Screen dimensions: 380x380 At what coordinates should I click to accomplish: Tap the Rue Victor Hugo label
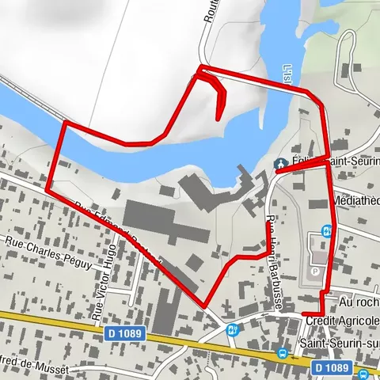click(99, 282)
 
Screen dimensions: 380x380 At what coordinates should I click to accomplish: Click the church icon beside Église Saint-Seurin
click(279, 163)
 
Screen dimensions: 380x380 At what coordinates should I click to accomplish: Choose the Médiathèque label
click(356, 200)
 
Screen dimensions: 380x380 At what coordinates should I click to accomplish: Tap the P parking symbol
click(318, 271)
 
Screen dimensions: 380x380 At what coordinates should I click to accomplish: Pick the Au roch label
click(359, 302)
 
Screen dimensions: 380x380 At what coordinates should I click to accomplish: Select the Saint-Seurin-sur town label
click(340, 343)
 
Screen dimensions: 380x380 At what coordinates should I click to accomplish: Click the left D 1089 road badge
click(126, 334)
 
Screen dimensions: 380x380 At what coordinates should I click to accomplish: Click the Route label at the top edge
click(211, 16)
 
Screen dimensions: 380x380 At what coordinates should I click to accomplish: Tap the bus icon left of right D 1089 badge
click(282, 355)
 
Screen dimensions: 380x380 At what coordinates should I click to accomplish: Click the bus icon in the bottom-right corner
click(363, 374)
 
